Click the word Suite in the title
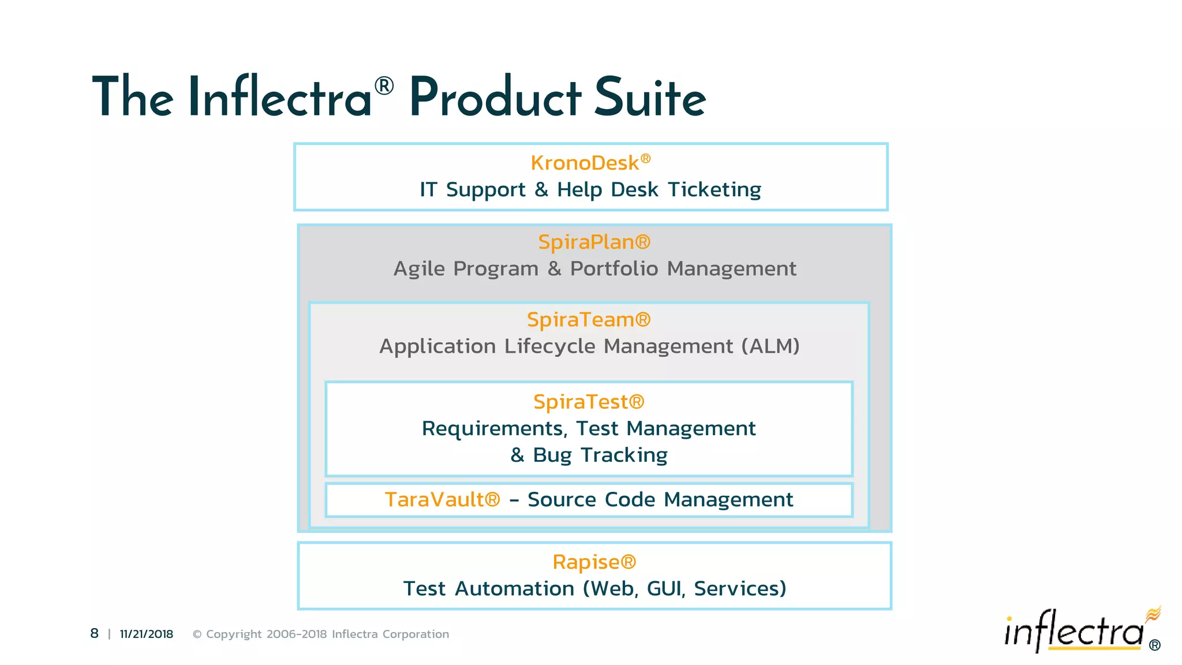click(650, 98)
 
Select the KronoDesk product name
click(585, 163)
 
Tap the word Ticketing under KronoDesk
click(714, 190)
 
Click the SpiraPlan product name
click(587, 242)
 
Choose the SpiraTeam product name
click(581, 320)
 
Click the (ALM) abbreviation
click(770, 346)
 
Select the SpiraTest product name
click(581, 402)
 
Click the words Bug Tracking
click(600, 455)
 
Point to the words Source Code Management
click(660, 500)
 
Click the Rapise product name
click(586, 562)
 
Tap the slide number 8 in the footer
click(95, 634)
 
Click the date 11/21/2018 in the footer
click(147, 634)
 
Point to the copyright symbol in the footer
click(197, 634)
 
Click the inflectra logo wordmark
click(1073, 632)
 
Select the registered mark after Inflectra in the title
click(384, 86)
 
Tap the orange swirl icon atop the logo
click(1153, 614)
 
